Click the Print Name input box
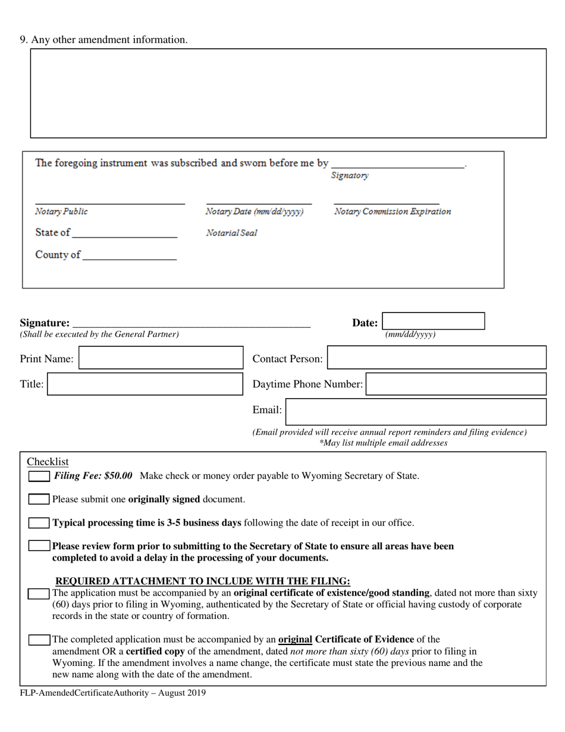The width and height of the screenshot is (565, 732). click(161, 358)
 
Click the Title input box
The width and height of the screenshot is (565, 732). click(145, 384)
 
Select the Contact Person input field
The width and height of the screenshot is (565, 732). click(436, 358)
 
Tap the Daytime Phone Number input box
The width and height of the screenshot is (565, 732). click(456, 384)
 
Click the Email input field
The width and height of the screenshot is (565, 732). click(416, 411)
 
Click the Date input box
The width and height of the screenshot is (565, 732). click(433, 321)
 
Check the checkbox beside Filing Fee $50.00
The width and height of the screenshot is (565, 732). click(39, 476)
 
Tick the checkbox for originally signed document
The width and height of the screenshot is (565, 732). click(39, 499)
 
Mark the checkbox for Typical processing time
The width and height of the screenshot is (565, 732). click(39, 523)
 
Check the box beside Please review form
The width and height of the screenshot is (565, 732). click(39, 546)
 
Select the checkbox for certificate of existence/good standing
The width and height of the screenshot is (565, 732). click(39, 593)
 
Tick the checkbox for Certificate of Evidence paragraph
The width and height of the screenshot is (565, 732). click(39, 640)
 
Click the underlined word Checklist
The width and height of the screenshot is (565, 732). click(48, 462)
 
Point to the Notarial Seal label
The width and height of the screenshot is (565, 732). click(231, 233)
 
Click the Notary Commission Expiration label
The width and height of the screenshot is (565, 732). click(392, 211)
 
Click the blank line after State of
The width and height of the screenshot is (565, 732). click(124, 233)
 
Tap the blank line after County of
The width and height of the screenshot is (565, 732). click(130, 255)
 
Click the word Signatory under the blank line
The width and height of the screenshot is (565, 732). click(349, 176)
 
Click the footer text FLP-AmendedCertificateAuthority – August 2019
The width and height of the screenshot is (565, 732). click(113, 693)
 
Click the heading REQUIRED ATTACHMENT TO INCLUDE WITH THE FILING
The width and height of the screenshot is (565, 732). click(203, 581)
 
